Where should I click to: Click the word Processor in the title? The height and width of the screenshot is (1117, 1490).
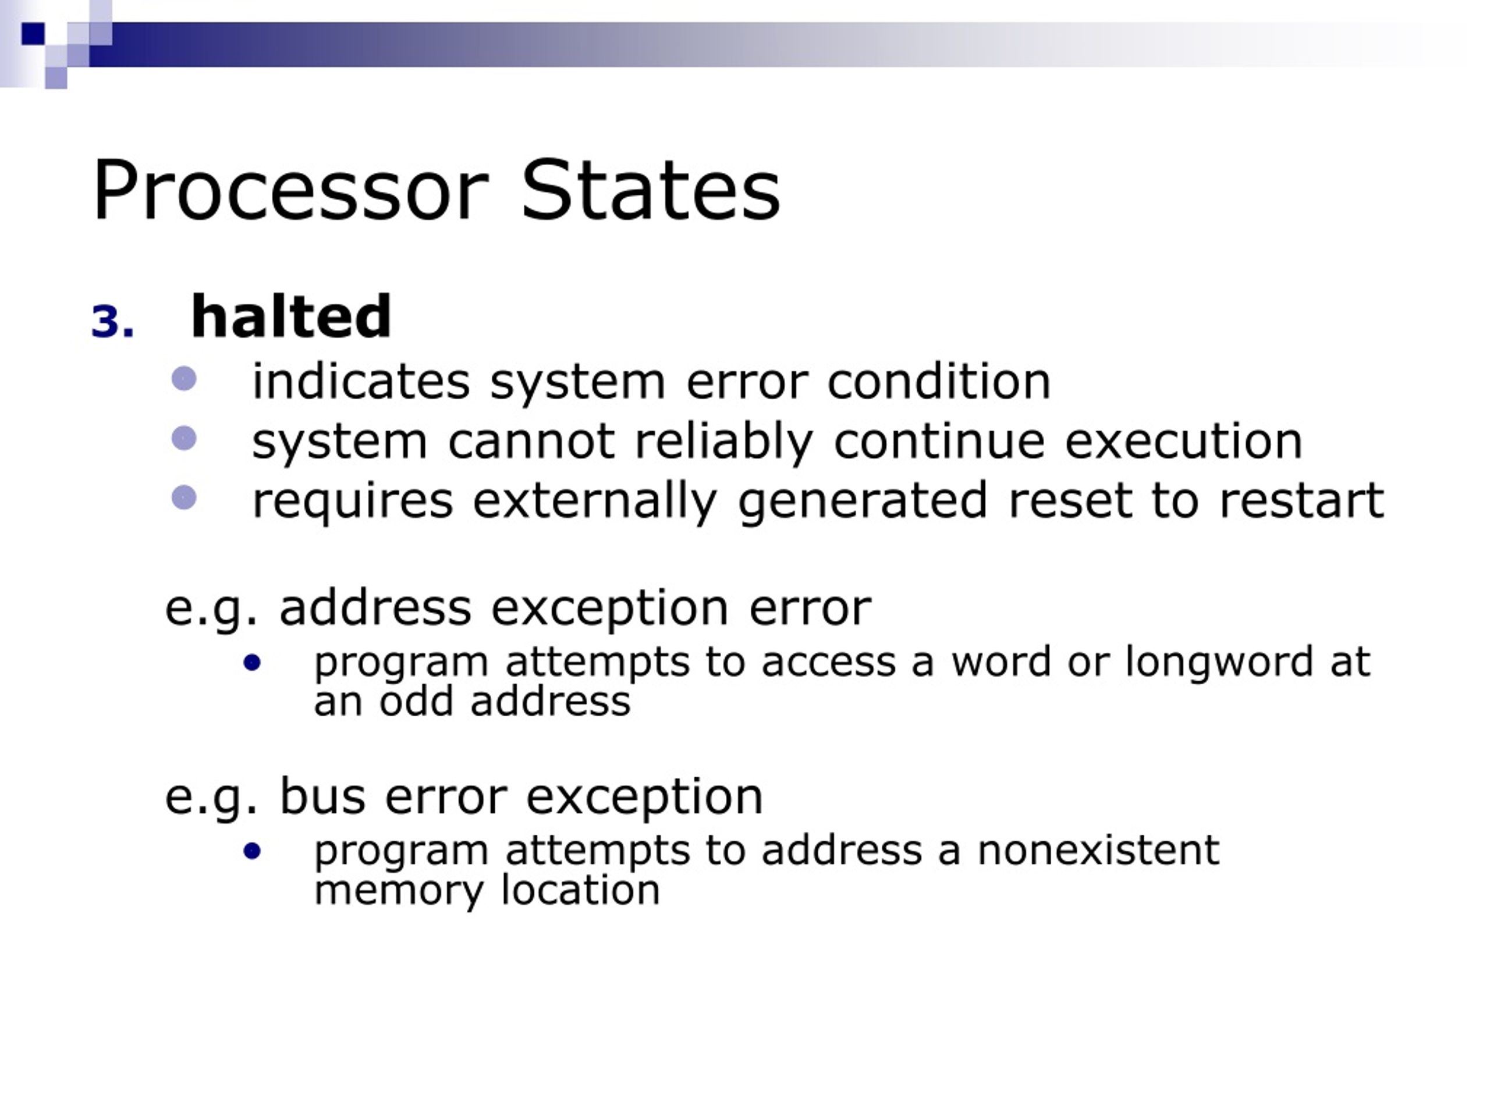(x=290, y=191)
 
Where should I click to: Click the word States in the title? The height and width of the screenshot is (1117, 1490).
(x=651, y=191)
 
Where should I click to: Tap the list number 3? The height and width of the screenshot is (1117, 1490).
(x=112, y=322)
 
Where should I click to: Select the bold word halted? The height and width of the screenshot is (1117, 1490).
(x=291, y=316)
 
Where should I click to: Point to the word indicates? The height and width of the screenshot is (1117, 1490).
(x=360, y=382)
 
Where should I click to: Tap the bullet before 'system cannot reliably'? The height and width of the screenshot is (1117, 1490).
(x=184, y=438)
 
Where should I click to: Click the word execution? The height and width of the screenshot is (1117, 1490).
(x=1183, y=442)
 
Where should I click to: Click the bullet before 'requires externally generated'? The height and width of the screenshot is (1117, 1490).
(x=184, y=498)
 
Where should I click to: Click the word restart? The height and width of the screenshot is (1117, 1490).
(x=1301, y=500)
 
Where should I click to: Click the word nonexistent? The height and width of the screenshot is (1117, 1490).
(x=1098, y=850)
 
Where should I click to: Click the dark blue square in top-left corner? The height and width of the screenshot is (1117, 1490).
(x=33, y=33)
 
